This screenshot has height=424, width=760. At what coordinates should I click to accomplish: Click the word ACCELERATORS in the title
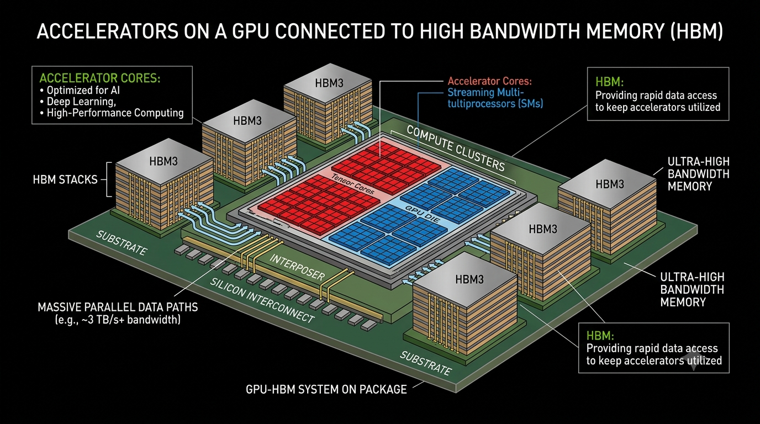coord(108,31)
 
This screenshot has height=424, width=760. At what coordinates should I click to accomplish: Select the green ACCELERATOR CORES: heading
coord(100,78)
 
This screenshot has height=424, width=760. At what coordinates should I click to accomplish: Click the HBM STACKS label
coord(65,179)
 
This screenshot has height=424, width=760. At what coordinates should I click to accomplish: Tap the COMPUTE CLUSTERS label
coord(456,148)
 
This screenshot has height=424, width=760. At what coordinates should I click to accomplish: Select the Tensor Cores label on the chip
coord(353,184)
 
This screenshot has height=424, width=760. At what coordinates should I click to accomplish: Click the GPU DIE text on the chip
coord(423,214)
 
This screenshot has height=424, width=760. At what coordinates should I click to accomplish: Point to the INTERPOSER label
coord(297,268)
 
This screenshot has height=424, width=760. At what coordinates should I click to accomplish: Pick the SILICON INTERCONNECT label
coord(262,300)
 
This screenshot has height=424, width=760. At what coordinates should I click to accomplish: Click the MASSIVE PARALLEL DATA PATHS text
coord(118,308)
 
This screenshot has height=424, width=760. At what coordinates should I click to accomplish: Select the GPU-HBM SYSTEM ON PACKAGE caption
coord(326,389)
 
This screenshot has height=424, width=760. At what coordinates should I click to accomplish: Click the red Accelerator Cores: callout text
coord(490,81)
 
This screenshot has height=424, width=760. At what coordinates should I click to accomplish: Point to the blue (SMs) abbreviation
coord(530,103)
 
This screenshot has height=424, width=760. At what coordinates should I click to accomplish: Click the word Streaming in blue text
coord(471,92)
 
